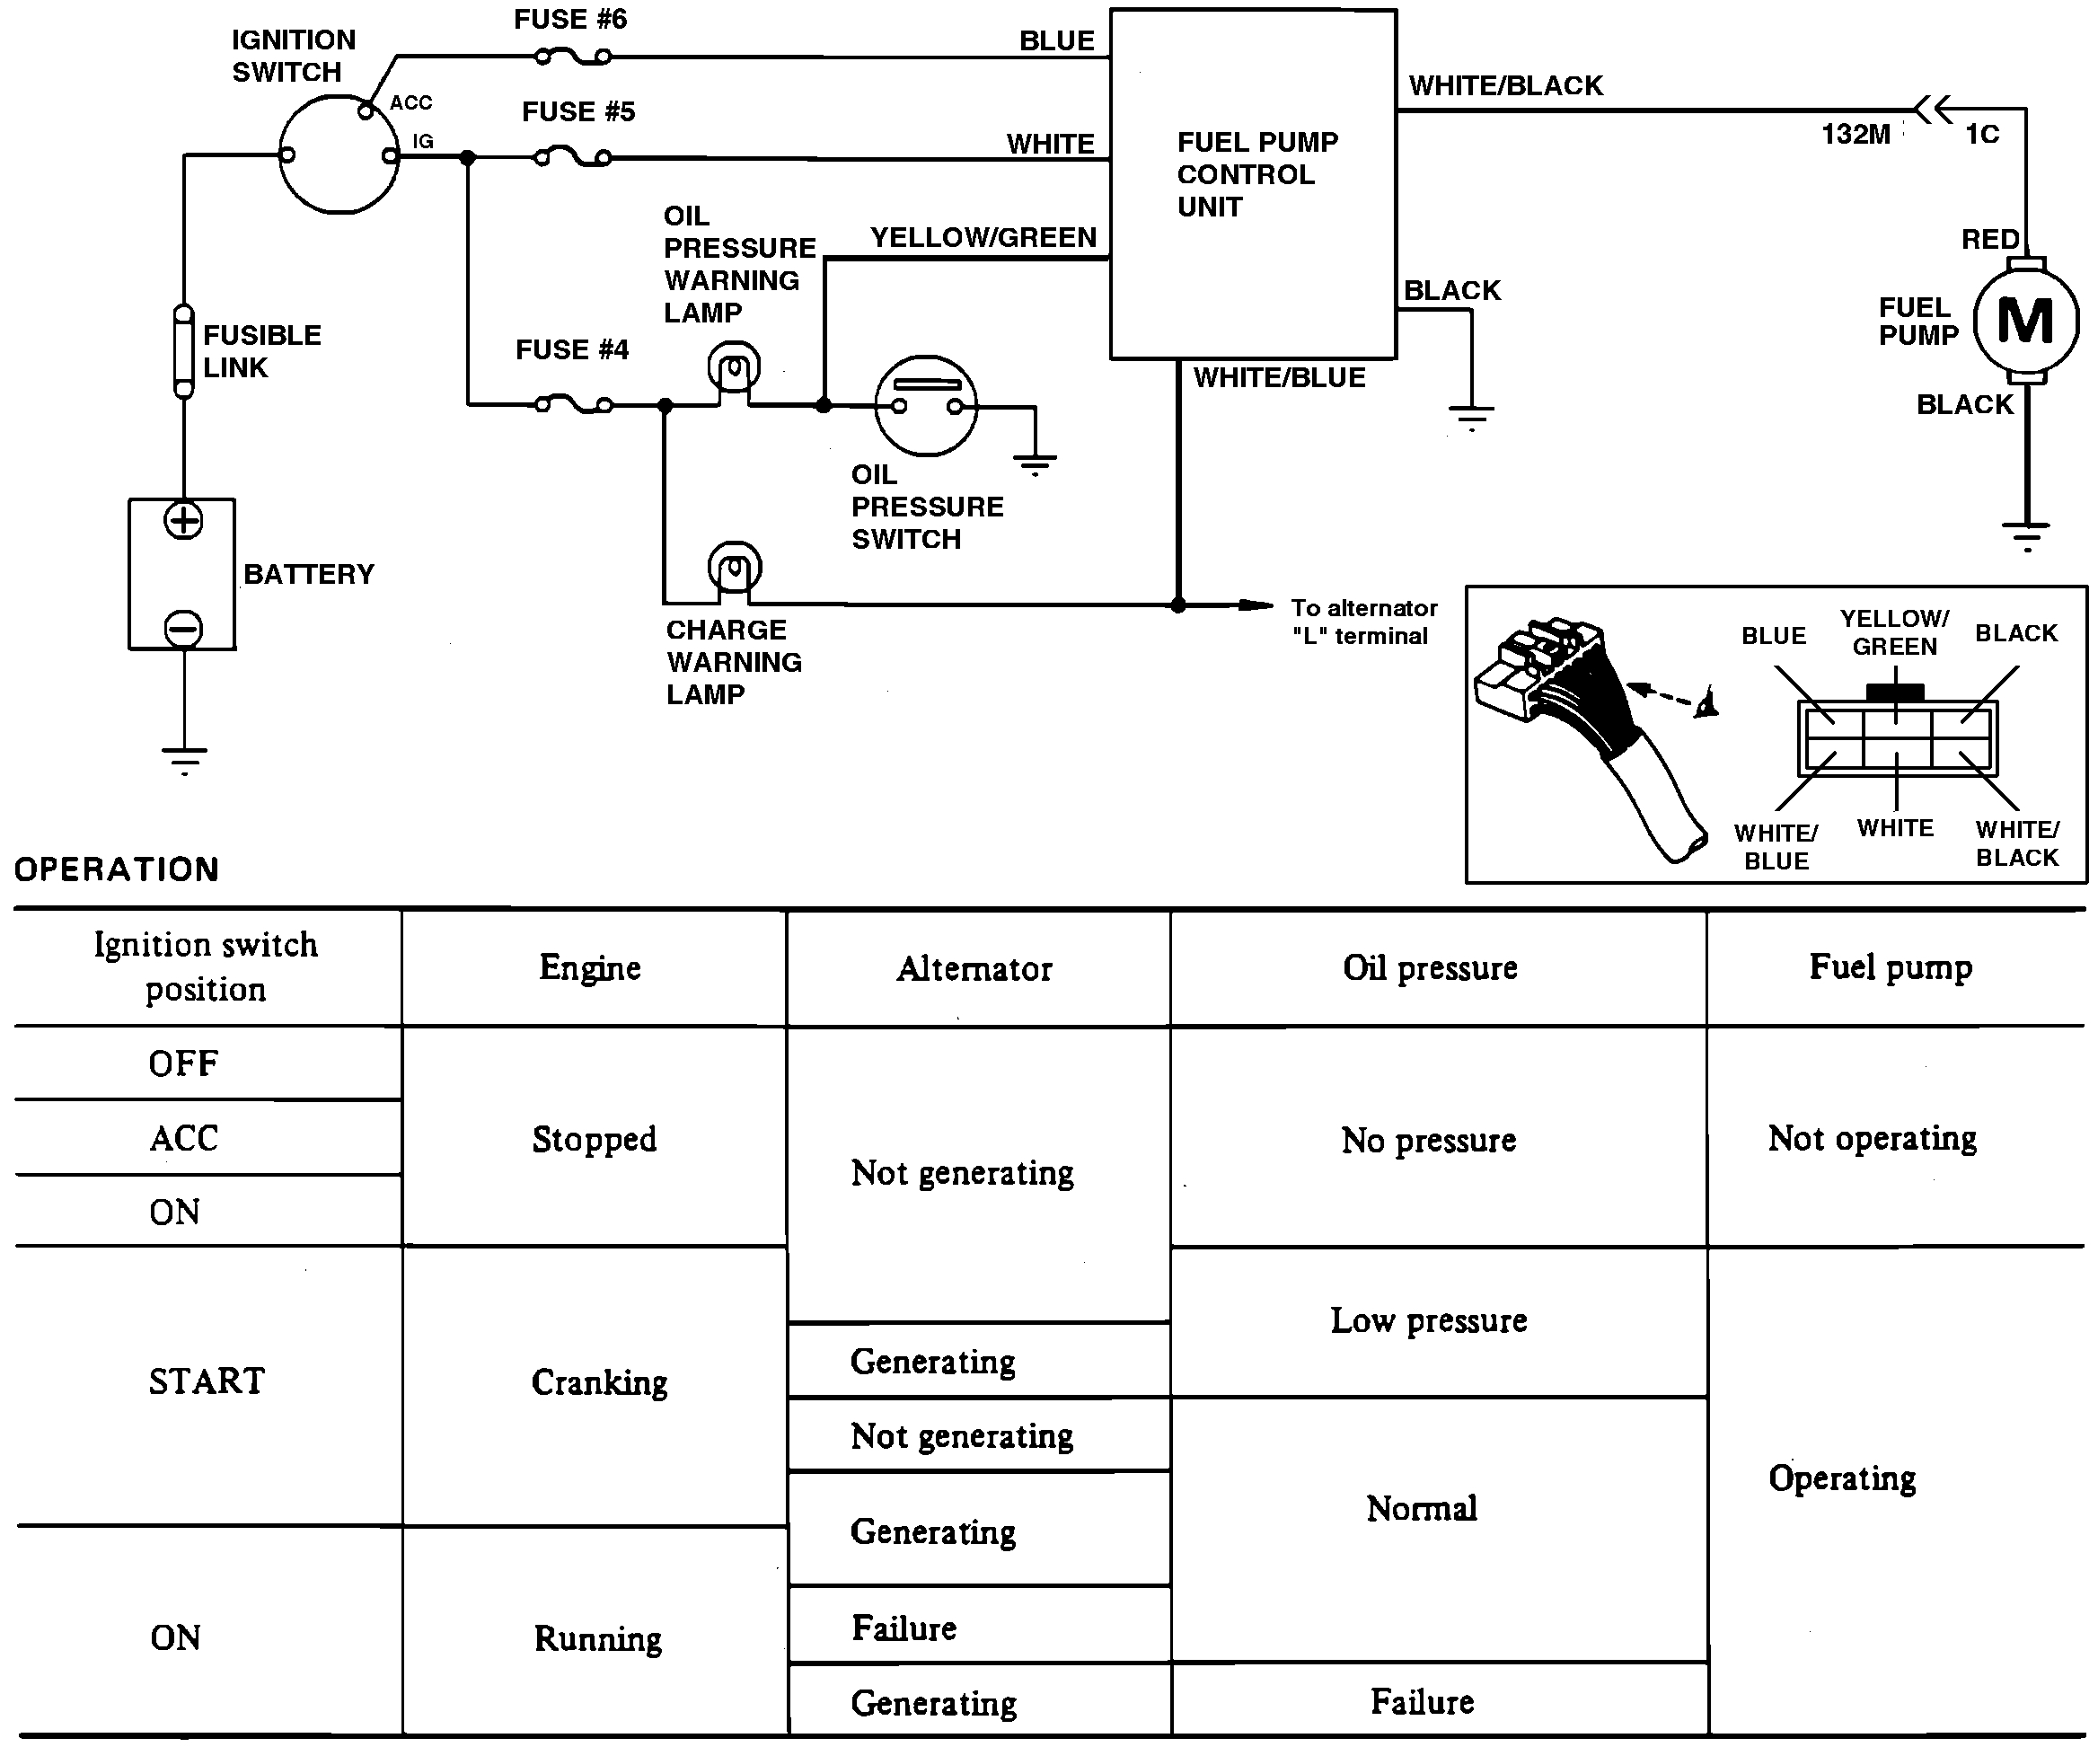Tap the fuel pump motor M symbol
2025,322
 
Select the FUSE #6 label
570,20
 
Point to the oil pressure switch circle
926,405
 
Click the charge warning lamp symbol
735,569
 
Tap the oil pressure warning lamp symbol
735,369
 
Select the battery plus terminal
184,520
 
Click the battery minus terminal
184,628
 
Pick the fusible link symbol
184,351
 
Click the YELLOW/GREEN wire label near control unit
983,238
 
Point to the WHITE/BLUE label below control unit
1279,377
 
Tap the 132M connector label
1856,135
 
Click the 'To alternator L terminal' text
1362,622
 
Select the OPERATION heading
117,869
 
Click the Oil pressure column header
1430,968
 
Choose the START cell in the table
207,1381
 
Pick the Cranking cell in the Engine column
599,1382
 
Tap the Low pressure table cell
1429,1320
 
